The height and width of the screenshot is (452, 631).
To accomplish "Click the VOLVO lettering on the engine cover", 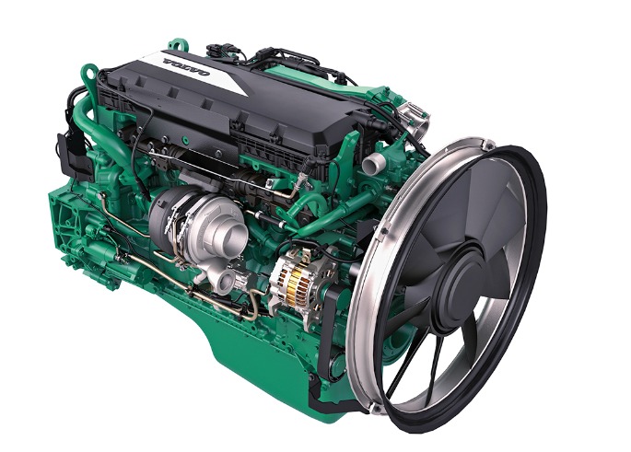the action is pyautogui.click(x=186, y=67).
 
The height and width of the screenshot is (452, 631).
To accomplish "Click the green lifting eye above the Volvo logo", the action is pyautogui.click(x=176, y=44).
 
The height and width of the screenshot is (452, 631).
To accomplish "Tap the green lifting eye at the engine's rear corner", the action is pyautogui.click(x=89, y=74).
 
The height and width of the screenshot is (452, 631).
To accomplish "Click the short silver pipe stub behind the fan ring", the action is pyautogui.click(x=373, y=163).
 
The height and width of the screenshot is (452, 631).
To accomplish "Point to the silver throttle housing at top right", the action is pyautogui.click(x=414, y=118).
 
